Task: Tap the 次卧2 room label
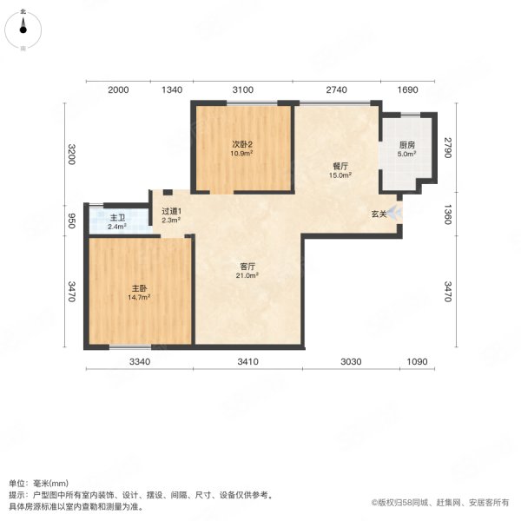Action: [x=241, y=145]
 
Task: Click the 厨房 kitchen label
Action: [x=406, y=145]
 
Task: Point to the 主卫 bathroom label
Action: [x=117, y=217]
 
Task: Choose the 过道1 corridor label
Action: [x=170, y=211]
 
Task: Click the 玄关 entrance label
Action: [x=379, y=213]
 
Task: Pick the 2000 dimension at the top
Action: [x=118, y=90]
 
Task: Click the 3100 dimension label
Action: [x=241, y=90]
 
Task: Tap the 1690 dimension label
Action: [x=408, y=90]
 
